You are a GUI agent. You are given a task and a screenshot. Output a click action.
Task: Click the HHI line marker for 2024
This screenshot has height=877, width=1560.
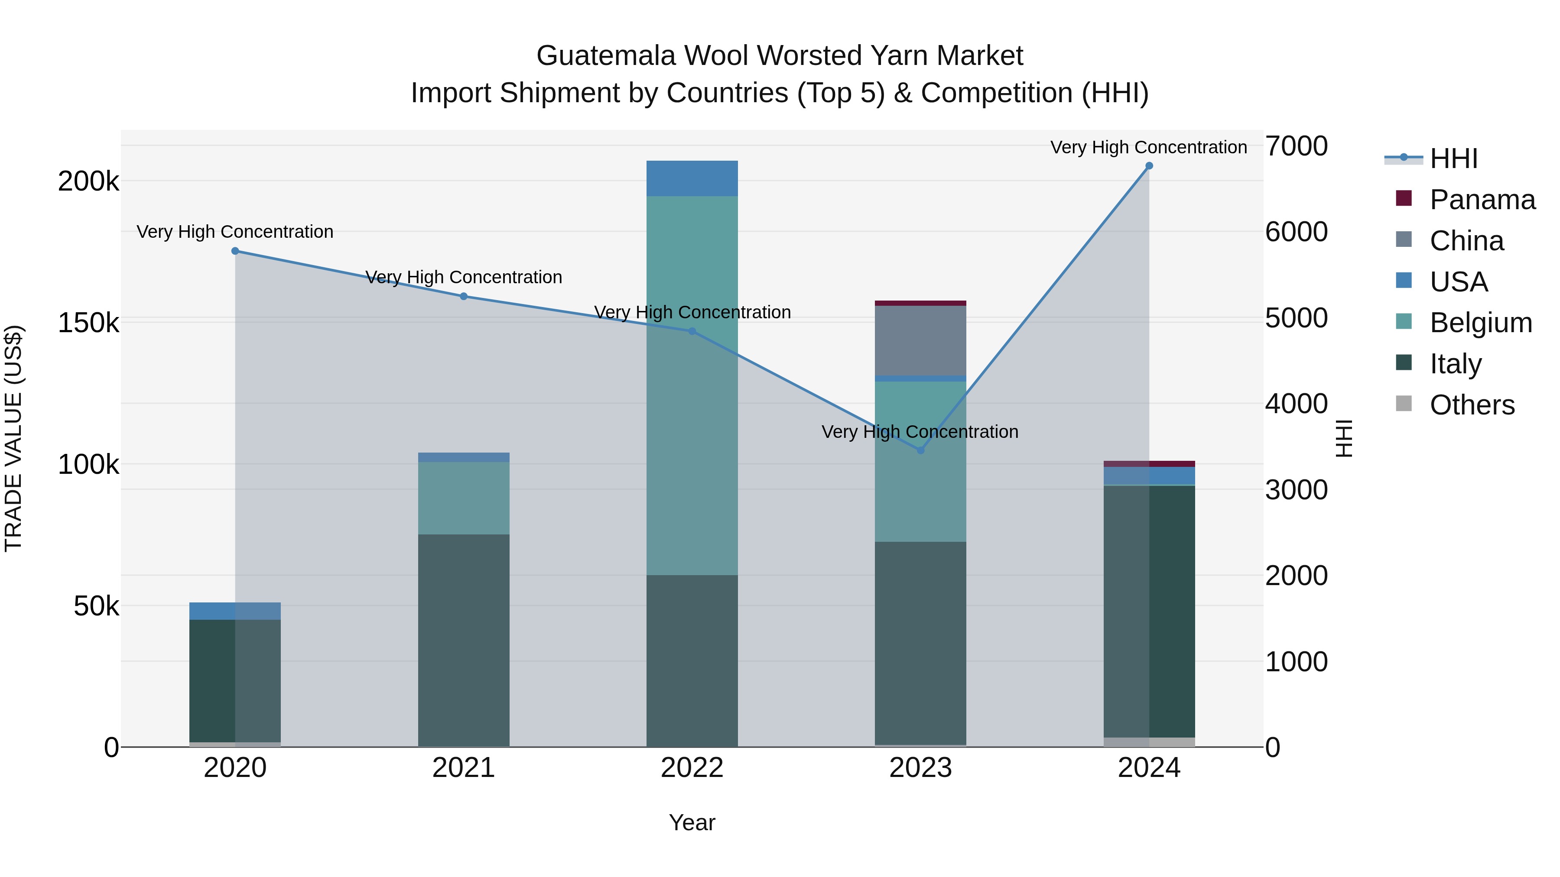pyautogui.click(x=1149, y=166)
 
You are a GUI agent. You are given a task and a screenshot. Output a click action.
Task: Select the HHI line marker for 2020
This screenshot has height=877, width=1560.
pyautogui.click(x=235, y=251)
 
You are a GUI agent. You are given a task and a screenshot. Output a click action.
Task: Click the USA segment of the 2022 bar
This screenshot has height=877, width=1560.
pyautogui.click(x=692, y=178)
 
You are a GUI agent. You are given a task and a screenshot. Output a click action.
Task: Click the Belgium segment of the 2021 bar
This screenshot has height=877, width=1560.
pyautogui.click(x=463, y=498)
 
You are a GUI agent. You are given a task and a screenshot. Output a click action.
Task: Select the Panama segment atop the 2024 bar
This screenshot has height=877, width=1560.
pyautogui.click(x=1149, y=463)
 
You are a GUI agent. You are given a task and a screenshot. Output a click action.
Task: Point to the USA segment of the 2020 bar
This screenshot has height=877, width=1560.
pyautogui.click(x=235, y=611)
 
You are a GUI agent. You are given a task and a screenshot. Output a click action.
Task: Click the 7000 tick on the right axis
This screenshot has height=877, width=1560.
pyautogui.click(x=1297, y=146)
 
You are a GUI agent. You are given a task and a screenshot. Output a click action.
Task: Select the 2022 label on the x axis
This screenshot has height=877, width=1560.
pyautogui.click(x=692, y=767)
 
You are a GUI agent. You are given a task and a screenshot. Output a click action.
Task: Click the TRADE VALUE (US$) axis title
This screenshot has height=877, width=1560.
pyautogui.click(x=13, y=438)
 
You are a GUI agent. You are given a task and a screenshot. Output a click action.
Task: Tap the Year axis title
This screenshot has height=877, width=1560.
pyautogui.click(x=692, y=822)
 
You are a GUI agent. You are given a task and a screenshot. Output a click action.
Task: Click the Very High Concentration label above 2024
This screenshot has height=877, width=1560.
pyautogui.click(x=1149, y=147)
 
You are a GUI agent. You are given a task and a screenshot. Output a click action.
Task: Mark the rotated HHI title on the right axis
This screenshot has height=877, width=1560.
pyautogui.click(x=1344, y=438)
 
